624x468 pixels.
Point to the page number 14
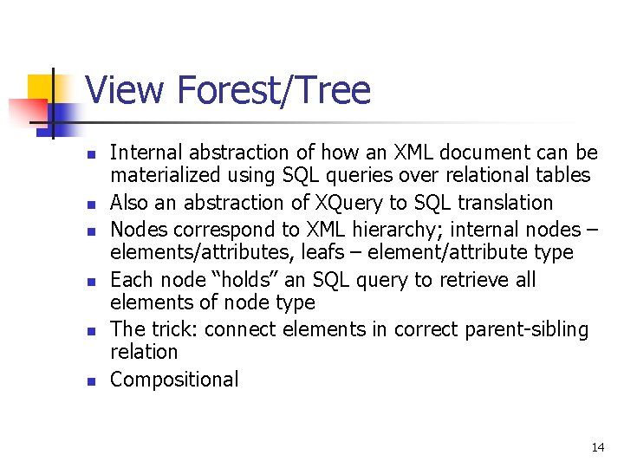[x=597, y=447]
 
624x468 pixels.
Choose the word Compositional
[x=174, y=380]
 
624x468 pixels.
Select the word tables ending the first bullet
[x=563, y=176]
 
